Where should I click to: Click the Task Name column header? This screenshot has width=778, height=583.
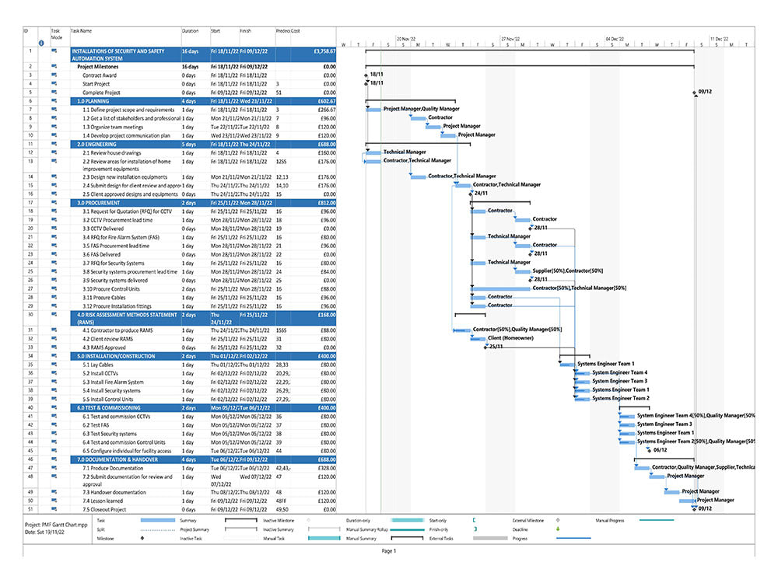82,31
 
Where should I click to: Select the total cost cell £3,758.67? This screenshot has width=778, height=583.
324,51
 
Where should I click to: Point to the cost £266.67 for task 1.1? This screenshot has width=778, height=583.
326,110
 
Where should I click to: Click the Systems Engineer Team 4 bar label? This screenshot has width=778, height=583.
619,373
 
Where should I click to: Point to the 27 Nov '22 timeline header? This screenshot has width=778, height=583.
515,38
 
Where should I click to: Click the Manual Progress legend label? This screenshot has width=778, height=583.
612,519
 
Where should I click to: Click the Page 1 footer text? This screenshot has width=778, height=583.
388,551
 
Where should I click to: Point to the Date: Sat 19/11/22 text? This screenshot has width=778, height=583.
46,532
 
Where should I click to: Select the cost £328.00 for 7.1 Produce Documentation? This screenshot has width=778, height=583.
326,468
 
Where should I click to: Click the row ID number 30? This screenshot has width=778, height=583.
30,315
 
